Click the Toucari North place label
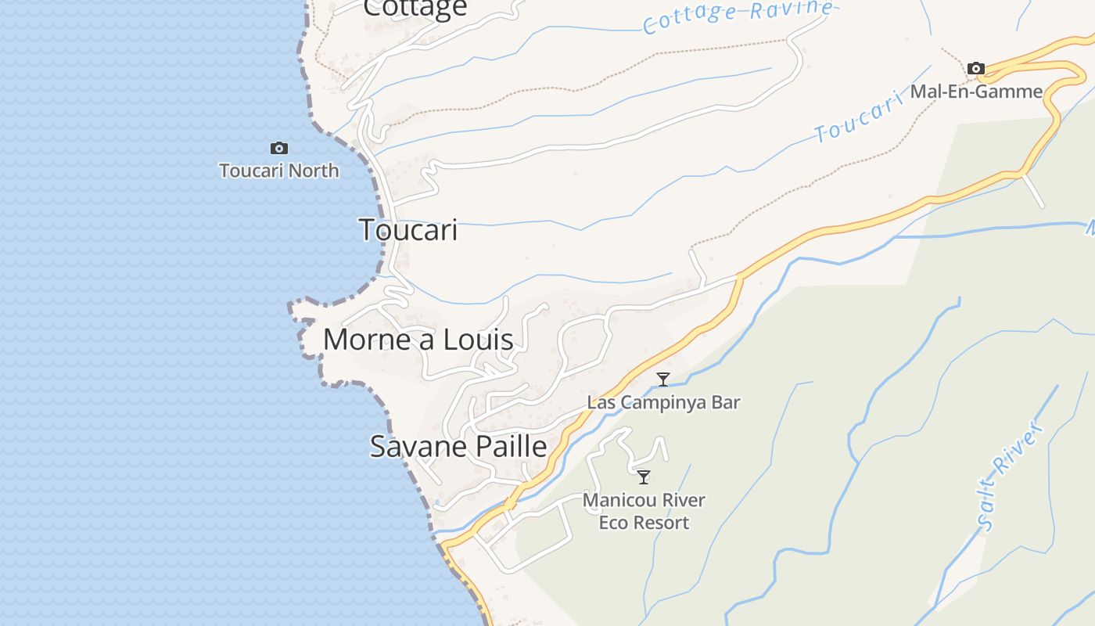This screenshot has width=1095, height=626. click(279, 171)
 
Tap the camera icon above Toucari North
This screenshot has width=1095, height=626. click(279, 148)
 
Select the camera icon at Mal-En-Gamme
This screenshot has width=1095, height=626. click(975, 69)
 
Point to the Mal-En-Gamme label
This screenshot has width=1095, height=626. click(976, 92)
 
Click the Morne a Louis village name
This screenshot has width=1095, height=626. click(418, 340)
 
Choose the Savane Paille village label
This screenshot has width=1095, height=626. click(458, 447)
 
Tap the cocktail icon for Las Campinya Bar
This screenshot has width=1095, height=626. click(663, 380)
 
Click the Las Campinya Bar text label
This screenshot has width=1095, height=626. click(663, 403)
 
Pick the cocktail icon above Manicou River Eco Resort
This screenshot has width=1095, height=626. click(644, 477)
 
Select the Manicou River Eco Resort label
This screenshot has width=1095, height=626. click(644, 511)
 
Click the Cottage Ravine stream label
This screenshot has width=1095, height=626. click(737, 16)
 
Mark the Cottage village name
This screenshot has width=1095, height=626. click(415, 8)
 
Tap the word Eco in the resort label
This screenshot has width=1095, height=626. click(614, 523)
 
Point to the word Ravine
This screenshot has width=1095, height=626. click(790, 10)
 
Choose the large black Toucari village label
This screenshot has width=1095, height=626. click(408, 231)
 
